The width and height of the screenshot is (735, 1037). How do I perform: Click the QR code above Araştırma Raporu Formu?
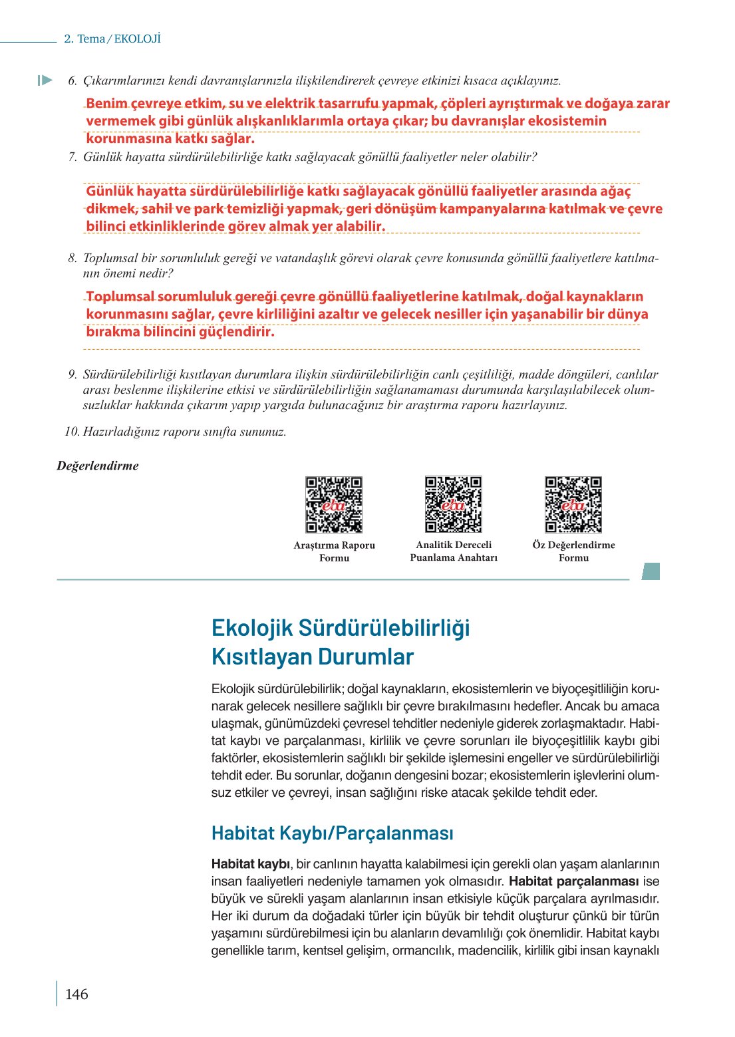[x=334, y=504]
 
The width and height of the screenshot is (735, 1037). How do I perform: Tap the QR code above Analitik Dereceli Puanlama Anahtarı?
[x=454, y=504]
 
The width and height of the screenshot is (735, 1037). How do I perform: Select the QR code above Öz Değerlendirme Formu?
[x=573, y=504]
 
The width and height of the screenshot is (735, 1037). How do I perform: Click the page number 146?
[x=76, y=994]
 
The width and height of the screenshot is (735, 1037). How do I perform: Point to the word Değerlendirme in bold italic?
[x=98, y=466]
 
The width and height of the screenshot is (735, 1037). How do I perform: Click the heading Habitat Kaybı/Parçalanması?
[x=332, y=833]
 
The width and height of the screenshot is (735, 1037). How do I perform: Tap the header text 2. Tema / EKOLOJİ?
[x=112, y=39]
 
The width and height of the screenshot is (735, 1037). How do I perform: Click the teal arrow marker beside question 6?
[x=45, y=80]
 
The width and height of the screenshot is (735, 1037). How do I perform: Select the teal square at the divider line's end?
[x=651, y=571]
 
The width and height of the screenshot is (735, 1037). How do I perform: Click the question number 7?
[x=73, y=157]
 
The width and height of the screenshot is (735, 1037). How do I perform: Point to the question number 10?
[x=72, y=432]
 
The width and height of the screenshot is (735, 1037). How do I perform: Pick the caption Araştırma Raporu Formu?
[x=334, y=551]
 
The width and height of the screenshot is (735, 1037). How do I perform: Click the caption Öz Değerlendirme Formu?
[x=573, y=551]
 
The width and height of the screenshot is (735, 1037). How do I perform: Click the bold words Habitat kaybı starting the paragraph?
[x=250, y=864]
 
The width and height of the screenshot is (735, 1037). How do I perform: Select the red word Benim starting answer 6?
[x=106, y=103]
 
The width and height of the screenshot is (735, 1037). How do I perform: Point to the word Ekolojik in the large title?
[x=251, y=627]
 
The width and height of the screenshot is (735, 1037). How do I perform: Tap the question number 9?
[x=73, y=374]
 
